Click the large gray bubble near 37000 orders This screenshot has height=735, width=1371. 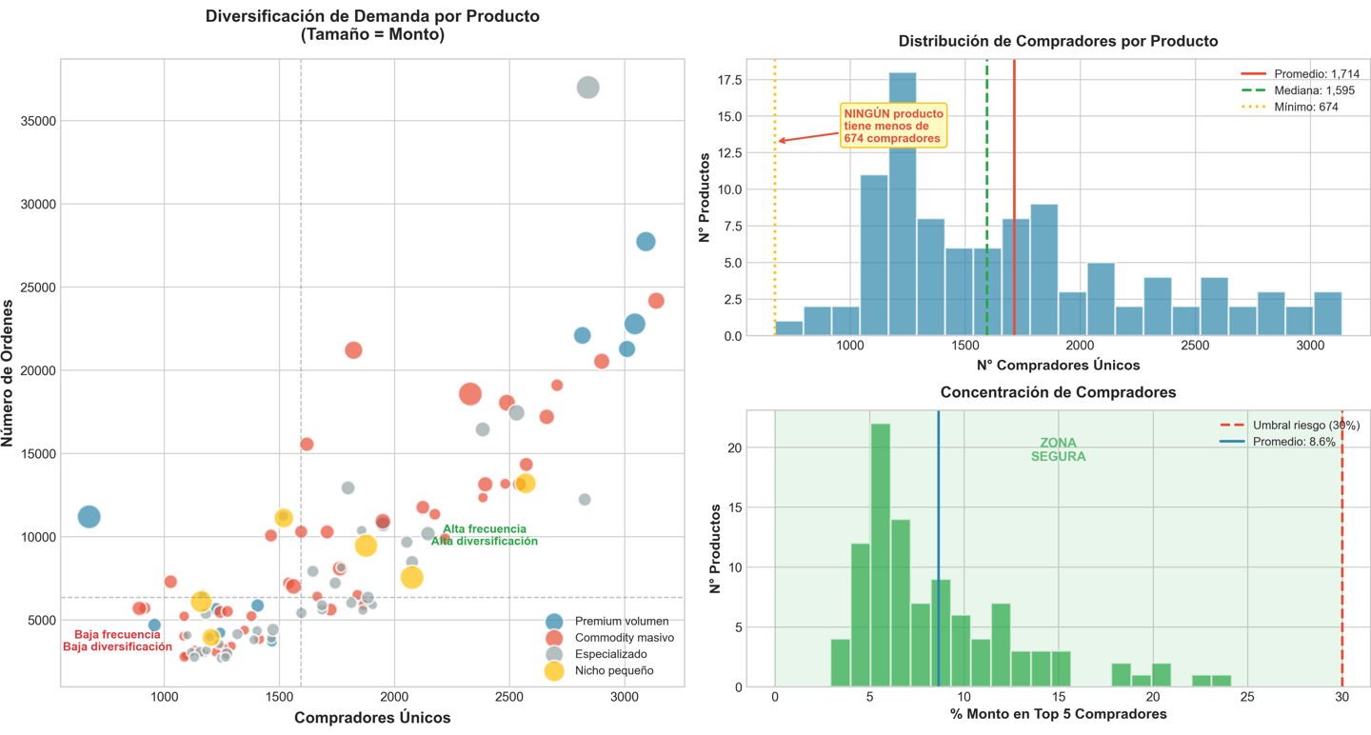588,88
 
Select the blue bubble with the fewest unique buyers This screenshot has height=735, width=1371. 89,517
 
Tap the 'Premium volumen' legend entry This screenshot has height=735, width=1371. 622,622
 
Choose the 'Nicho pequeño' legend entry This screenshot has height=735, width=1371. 614,670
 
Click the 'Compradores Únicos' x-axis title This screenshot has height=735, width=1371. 372,718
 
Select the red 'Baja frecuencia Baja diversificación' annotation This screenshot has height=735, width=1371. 118,641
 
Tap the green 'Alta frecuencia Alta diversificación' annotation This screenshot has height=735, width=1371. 485,535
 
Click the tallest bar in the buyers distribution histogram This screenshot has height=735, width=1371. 903,204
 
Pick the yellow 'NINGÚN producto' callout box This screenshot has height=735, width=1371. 892,126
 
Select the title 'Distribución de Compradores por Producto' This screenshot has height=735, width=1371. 1058,42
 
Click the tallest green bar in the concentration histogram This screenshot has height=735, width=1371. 881,555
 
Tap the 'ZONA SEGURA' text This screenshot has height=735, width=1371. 1058,449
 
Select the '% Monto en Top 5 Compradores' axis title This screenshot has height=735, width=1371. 1058,714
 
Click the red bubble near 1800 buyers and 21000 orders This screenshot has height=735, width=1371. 353,350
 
